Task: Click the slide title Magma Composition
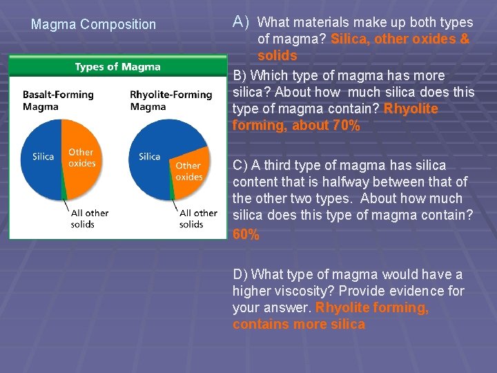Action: coord(94,24)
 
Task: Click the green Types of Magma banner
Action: coord(117,67)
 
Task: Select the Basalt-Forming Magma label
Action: coord(58,101)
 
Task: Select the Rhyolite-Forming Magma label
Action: coord(170,101)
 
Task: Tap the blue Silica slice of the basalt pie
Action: coord(43,156)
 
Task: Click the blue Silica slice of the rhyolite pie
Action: coord(150,156)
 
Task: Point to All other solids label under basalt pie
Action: coord(90,218)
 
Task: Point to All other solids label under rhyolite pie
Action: coord(197,218)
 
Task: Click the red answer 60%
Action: coord(246,234)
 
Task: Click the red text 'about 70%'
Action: coord(327,126)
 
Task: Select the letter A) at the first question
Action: coord(241,22)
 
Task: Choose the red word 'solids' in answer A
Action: coord(277,56)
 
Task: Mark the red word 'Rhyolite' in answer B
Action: coord(411,109)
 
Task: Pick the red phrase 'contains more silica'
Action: coord(299,325)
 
